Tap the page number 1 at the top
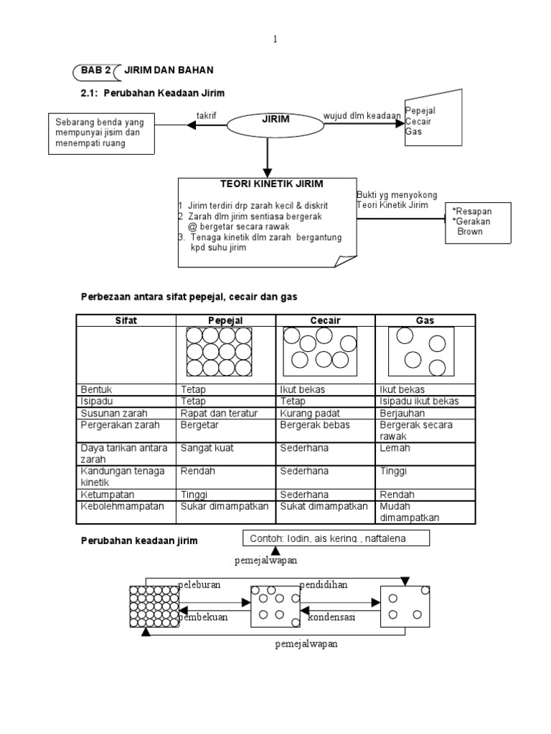coord(275,40)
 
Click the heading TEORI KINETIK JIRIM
coord(268,185)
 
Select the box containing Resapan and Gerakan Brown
coord(479,222)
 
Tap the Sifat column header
coord(126,320)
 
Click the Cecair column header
coord(325,320)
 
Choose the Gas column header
coord(425,320)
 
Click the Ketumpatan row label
coord(108,495)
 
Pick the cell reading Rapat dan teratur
coord(212,413)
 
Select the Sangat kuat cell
coord(207,448)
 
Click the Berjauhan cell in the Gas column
coord(402,413)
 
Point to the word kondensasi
coord(332,616)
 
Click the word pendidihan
coord(324,584)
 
